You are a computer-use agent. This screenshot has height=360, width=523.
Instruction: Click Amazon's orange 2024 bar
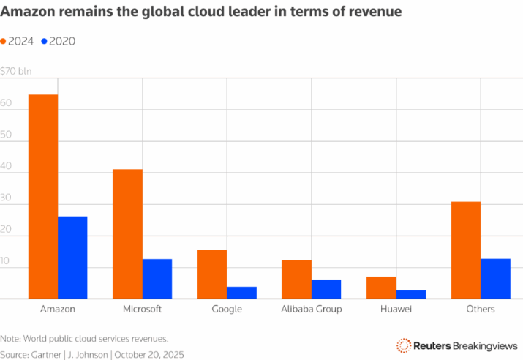pyautogui.click(x=43, y=197)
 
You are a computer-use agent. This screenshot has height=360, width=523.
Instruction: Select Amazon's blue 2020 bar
pyautogui.click(x=72, y=258)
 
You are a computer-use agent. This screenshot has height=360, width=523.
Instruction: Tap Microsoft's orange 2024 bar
pyautogui.click(x=128, y=234)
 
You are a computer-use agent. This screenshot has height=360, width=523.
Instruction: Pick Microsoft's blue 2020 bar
pyautogui.click(x=157, y=279)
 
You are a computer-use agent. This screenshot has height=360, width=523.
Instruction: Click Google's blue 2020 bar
pyautogui.click(x=242, y=293)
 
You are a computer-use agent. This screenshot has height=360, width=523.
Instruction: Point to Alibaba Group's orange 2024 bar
pyautogui.click(x=296, y=280)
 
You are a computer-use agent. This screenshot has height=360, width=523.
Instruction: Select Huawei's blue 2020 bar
pyautogui.click(x=411, y=295)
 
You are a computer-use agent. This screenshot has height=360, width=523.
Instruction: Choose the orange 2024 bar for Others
pyautogui.click(x=466, y=250)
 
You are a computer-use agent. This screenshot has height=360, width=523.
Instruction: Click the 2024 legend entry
pyautogui.click(x=17, y=42)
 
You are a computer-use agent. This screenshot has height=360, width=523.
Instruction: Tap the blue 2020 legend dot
pyautogui.click(x=44, y=42)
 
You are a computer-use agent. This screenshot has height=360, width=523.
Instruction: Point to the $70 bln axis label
pyautogui.click(x=15, y=71)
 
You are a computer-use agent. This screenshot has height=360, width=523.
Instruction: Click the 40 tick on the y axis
pyautogui.click(x=6, y=166)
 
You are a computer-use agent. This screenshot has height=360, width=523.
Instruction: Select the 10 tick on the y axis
pyautogui.click(x=4, y=260)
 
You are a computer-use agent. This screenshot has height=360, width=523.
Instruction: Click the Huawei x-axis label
pyautogui.click(x=396, y=309)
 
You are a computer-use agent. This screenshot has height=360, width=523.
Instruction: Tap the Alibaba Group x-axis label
pyautogui.click(x=312, y=310)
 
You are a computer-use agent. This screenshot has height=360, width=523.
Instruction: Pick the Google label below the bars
pyautogui.click(x=227, y=310)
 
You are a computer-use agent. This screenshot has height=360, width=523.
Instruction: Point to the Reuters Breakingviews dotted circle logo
pyautogui.click(x=404, y=345)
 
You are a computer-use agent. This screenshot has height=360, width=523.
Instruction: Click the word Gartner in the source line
pyautogui.click(x=46, y=355)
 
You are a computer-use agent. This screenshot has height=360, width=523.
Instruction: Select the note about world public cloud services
pyautogui.click(x=84, y=339)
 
